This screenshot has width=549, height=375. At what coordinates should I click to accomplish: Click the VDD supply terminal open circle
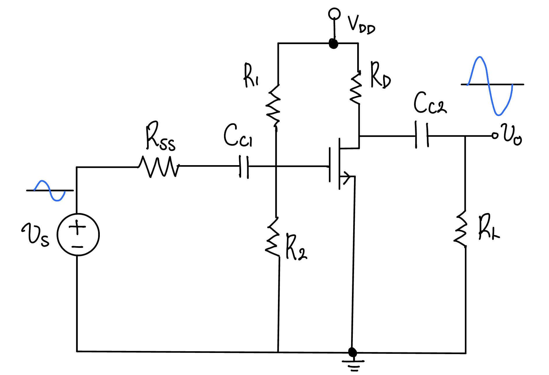coord(334,14)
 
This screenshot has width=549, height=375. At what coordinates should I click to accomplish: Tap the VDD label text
coord(361,25)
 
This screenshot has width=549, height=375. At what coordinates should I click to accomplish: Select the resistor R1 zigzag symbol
coord(273,105)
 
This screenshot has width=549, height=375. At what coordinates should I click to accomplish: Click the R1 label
coord(251,75)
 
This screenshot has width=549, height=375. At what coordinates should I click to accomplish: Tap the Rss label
coord(160,136)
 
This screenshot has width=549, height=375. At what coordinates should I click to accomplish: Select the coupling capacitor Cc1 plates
coord(244,167)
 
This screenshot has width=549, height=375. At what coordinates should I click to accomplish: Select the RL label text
coord(489,227)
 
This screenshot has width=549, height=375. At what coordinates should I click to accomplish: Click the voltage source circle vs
coord(78,235)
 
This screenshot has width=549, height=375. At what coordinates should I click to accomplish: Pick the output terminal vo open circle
coord(495,136)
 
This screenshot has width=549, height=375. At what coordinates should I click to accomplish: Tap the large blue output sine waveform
coord(490,86)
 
